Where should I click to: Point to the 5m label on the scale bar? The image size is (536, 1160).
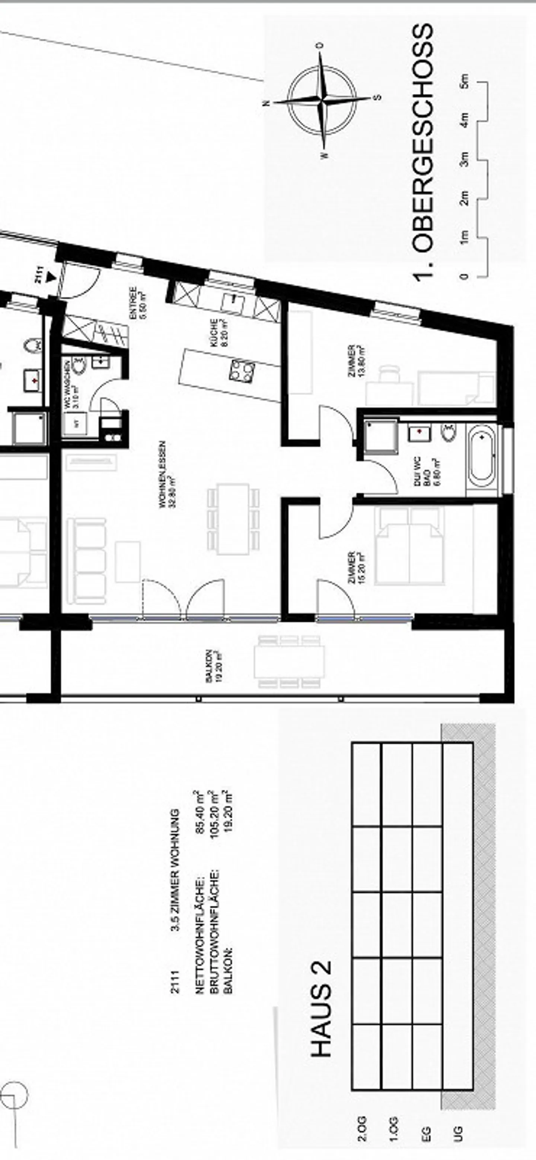pyautogui.click(x=465, y=81)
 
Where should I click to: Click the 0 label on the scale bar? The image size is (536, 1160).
pyautogui.click(x=465, y=276)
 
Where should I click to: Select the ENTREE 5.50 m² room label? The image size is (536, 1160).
pyautogui.click(x=136, y=304)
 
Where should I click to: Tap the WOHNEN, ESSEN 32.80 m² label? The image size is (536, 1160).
pyautogui.click(x=165, y=474)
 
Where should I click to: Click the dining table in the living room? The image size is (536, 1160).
pyautogui.click(x=234, y=518)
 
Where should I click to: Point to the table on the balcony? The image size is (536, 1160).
pyautogui.click(x=289, y=662)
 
